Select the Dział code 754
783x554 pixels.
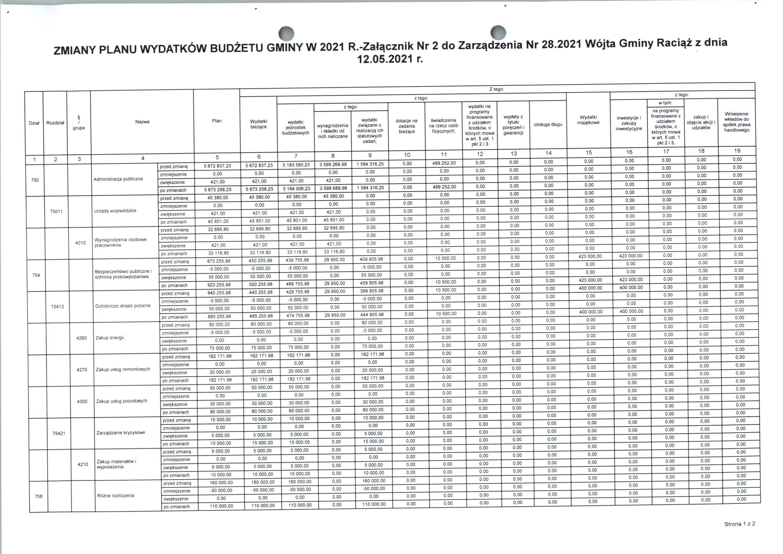tap(36, 275)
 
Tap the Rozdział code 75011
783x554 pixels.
tap(56, 212)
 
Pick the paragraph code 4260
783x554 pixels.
tap(82, 338)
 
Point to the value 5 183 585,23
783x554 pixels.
tap(296, 165)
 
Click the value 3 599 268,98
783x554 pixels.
tap(333, 164)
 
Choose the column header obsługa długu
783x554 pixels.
tap(548, 124)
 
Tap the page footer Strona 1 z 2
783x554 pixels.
tap(740, 524)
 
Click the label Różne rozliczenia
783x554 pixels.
tap(116, 496)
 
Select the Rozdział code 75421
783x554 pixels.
tap(59, 434)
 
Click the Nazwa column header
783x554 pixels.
tap(142, 122)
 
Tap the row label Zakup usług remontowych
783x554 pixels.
tap(123, 369)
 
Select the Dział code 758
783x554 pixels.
tap(39, 496)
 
